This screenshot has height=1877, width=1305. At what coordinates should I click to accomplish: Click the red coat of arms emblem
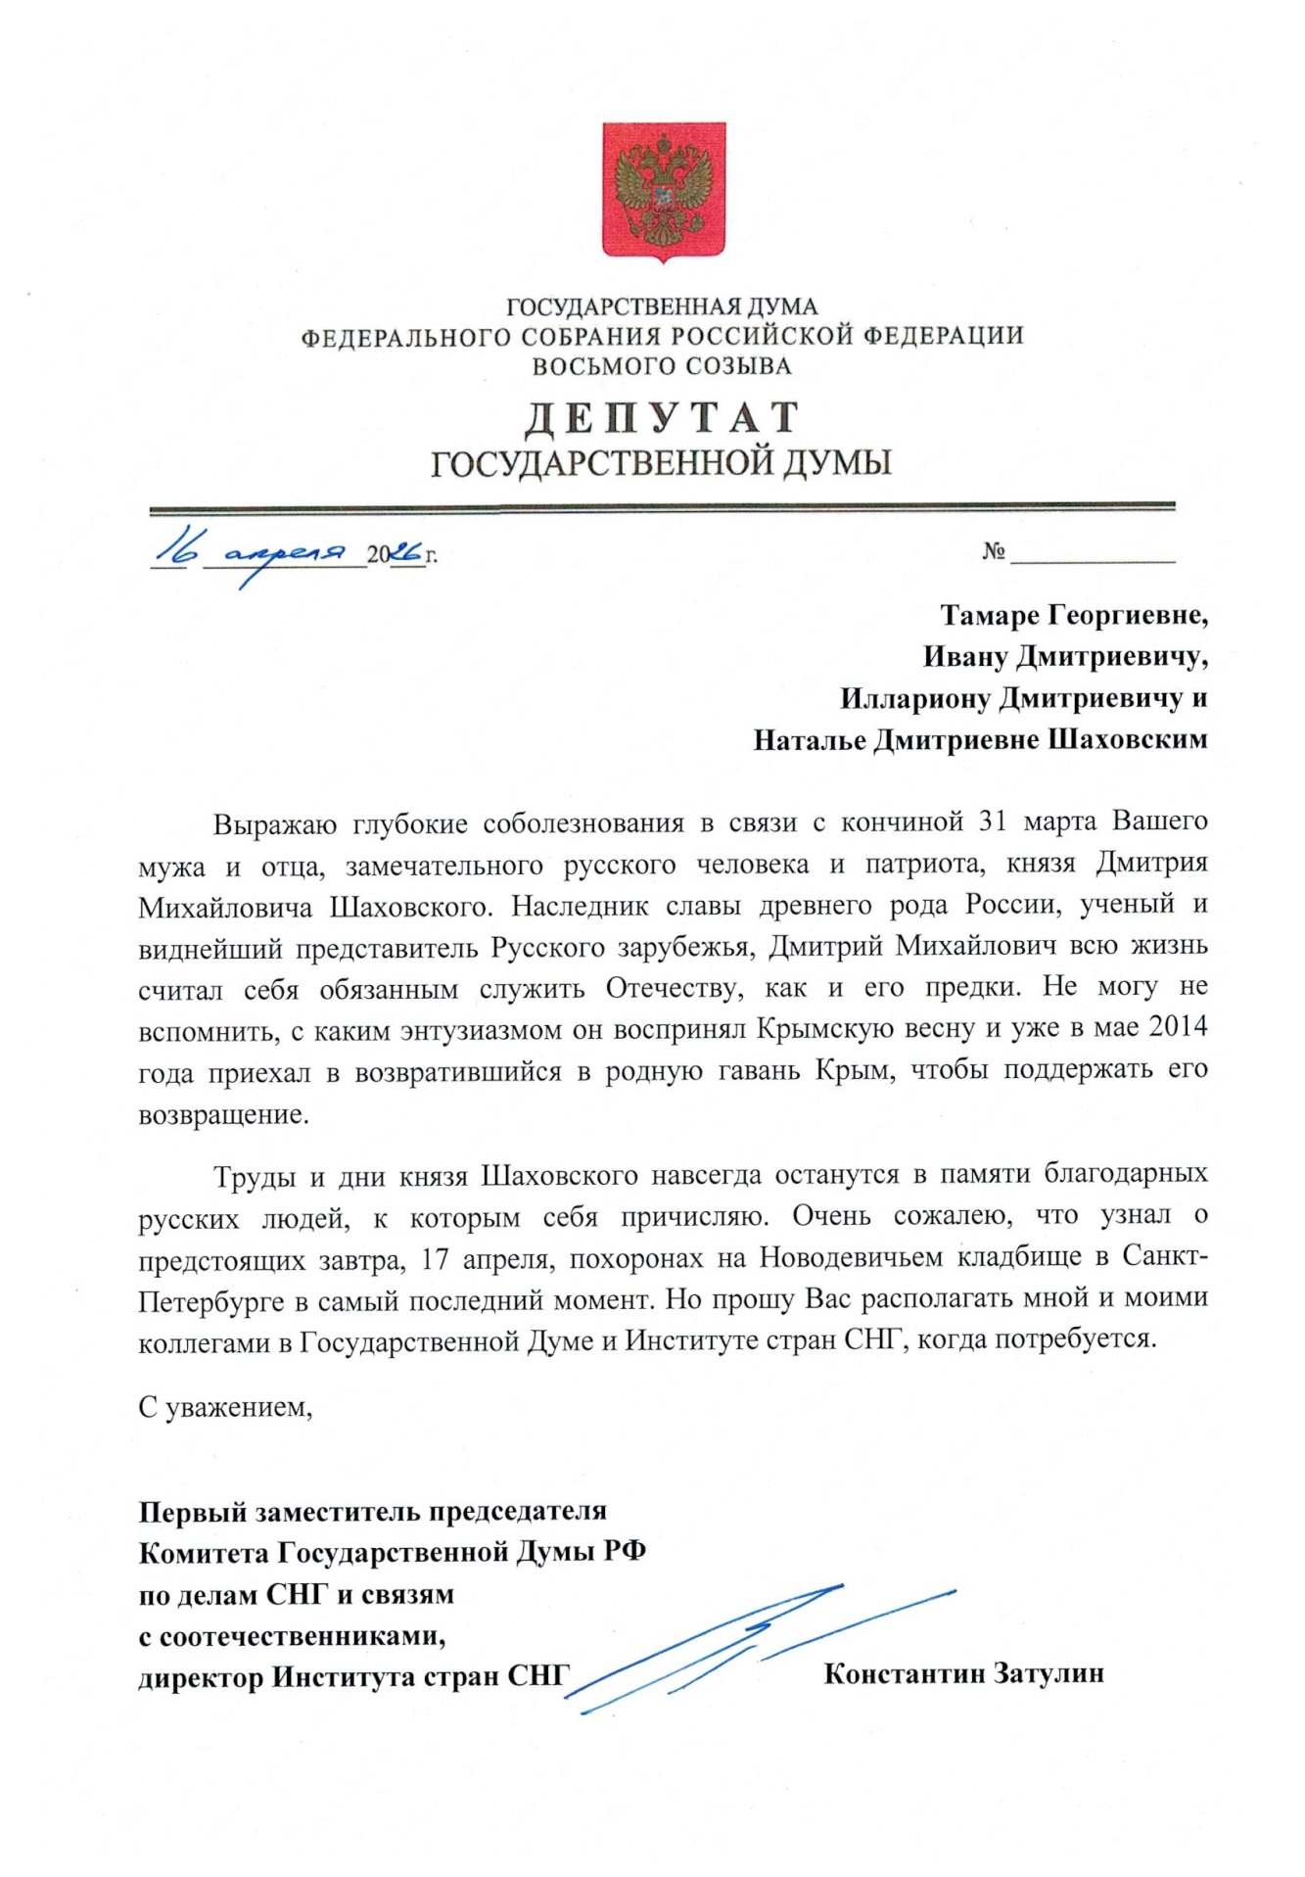[663, 192]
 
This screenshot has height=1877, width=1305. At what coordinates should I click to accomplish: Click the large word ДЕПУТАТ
[662, 418]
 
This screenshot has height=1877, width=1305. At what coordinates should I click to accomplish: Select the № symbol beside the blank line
[994, 552]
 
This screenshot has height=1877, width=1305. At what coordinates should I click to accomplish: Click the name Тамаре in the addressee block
[990, 615]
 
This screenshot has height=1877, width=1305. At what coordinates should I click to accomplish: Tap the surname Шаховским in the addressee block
[1128, 740]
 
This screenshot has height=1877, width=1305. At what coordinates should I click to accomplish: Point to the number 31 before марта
[993, 821]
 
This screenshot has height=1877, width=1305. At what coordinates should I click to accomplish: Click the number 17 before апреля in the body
[434, 1257]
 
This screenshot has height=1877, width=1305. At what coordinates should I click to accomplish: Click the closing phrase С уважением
[225, 1408]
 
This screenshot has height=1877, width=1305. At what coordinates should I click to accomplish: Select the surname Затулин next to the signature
[1049, 1672]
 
